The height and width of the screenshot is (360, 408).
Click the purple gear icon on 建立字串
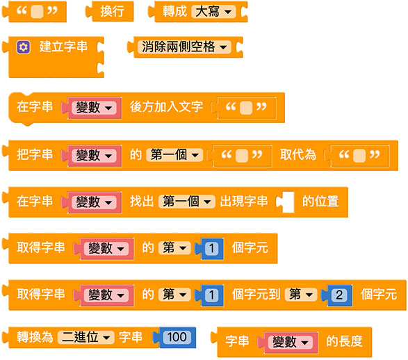click(24, 47)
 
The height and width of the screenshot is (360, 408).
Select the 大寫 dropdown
click(213, 12)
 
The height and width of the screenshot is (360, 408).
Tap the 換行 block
click(110, 11)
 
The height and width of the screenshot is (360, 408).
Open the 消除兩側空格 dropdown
click(184, 47)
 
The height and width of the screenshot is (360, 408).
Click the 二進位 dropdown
click(86, 337)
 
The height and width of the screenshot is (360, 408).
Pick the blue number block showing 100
click(177, 337)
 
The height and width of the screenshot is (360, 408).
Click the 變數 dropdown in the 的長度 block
click(291, 341)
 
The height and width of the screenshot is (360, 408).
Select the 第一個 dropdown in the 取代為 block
click(174, 155)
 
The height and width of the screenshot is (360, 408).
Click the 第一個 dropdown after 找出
click(187, 202)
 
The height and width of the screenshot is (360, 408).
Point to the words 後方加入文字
click(166, 107)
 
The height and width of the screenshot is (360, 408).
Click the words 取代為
click(298, 155)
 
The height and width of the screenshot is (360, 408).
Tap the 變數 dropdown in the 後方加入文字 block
click(94, 108)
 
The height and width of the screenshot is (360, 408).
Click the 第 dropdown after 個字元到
click(301, 295)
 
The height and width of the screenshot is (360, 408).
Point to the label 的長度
click(344, 341)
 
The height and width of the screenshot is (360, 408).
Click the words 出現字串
click(244, 202)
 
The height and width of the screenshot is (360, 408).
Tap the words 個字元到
click(256, 295)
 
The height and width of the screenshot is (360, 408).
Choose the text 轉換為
click(35, 337)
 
